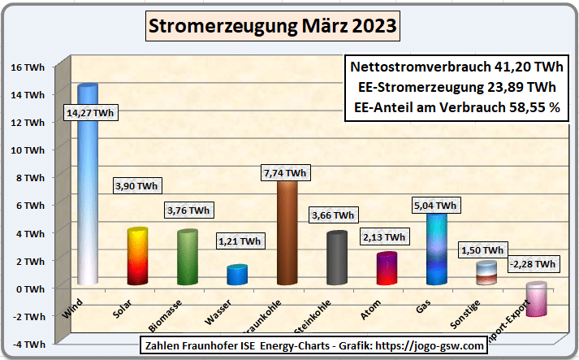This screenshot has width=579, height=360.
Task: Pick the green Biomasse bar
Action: pyautogui.click(x=188, y=258)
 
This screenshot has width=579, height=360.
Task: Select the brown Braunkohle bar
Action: pyautogui.click(x=287, y=236)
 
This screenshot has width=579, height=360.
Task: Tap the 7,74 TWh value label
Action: pyautogui.click(x=284, y=173)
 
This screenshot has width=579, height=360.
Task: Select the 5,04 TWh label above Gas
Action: pyautogui.click(x=435, y=205)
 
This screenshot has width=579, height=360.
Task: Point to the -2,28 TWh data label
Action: pyautogui.click(x=533, y=264)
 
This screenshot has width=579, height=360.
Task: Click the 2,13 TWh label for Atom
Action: pyautogui.click(x=383, y=236)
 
